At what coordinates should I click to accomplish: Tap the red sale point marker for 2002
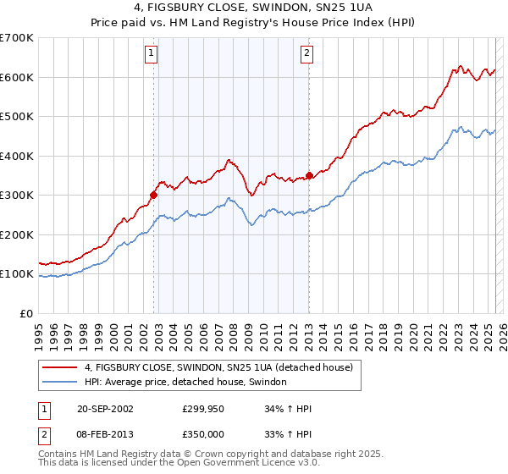pyautogui.click(x=153, y=195)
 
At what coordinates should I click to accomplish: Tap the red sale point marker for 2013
pyautogui.click(x=309, y=175)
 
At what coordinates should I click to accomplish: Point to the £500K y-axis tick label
pyautogui.click(x=17, y=117)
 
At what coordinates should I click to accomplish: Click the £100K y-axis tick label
pyautogui.click(x=17, y=274)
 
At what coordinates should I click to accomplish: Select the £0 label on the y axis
pyautogui.click(x=26, y=314)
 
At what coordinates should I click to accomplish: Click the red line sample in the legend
pyautogui.click(x=59, y=367)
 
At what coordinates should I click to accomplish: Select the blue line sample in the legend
pyautogui.click(x=59, y=383)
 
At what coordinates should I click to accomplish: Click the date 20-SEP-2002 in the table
pyautogui.click(x=105, y=409)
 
